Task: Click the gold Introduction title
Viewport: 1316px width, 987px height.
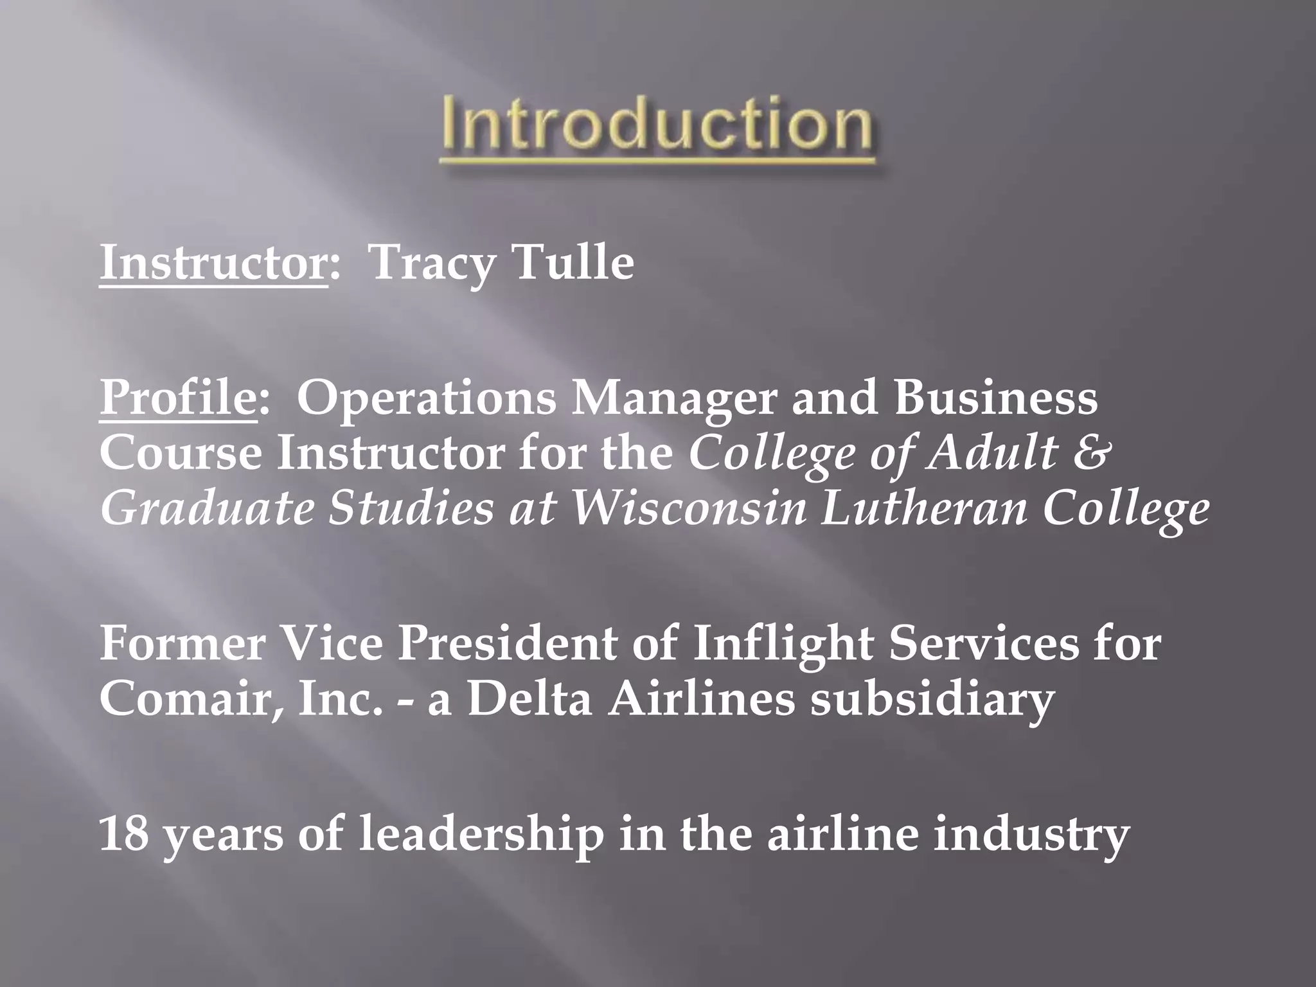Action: (x=657, y=126)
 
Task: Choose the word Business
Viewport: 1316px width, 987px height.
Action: (x=996, y=398)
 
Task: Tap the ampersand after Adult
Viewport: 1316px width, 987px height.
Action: (x=1090, y=452)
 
